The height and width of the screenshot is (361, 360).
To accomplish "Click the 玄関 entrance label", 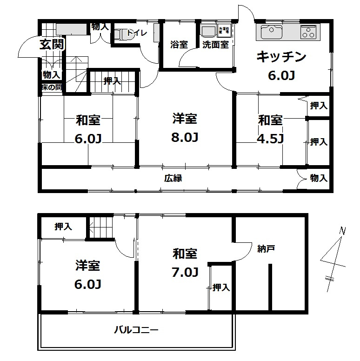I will [x=52, y=45].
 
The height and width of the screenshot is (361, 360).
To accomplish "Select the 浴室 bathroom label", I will [x=180, y=45].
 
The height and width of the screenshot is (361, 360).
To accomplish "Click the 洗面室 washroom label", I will [x=215, y=45].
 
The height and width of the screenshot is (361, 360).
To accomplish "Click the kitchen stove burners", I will [x=308, y=32].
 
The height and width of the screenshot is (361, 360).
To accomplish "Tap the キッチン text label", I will [x=281, y=57].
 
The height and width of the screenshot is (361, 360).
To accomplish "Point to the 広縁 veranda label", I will [x=172, y=178].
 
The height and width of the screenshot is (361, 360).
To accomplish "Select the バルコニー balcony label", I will [x=137, y=331].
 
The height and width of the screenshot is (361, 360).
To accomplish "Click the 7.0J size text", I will [x=185, y=272].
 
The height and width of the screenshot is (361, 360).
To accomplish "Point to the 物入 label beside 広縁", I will [x=319, y=178].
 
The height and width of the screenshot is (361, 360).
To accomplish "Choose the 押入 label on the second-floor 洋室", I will [x=63, y=227].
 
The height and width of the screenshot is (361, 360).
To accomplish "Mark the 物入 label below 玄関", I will [x=51, y=74].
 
